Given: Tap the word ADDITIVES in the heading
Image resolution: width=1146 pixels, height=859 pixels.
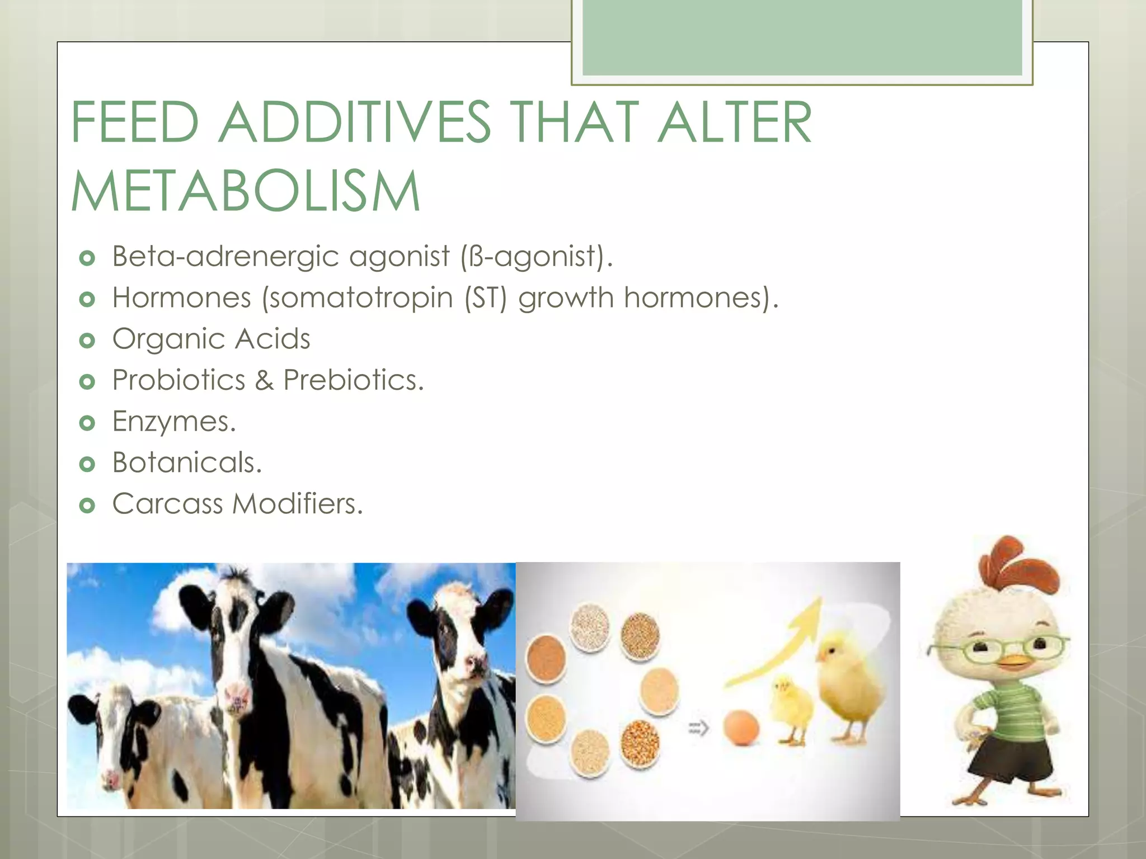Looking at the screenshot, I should point(354,122).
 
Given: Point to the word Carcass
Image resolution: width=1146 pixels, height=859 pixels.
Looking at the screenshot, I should point(167,503).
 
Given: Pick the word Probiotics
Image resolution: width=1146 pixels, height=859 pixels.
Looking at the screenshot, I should point(179,380).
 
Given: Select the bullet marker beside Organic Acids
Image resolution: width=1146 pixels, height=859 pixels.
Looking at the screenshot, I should point(87,340).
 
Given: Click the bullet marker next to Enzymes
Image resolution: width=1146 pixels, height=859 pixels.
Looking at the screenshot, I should point(87,423).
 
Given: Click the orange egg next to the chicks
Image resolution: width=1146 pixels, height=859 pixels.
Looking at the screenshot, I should point(741,728).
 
